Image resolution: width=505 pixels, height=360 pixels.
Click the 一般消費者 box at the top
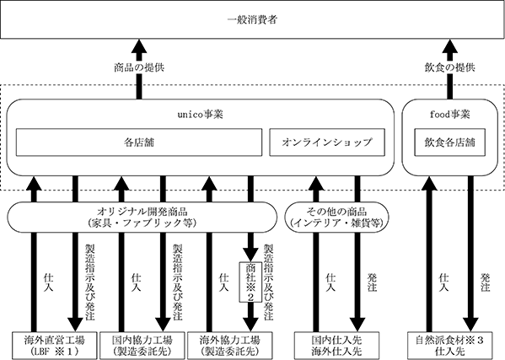tap(252, 19)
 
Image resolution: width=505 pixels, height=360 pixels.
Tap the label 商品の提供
tap(139, 67)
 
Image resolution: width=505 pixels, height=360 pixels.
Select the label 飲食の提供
tap(450, 67)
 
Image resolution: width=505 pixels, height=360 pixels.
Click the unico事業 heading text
tap(201, 115)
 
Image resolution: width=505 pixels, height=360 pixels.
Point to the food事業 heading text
tap(450, 115)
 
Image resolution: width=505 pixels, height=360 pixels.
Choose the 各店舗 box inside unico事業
tap(139, 142)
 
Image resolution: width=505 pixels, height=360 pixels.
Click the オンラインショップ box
tap(327, 142)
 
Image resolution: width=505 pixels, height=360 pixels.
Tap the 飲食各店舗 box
tap(449, 142)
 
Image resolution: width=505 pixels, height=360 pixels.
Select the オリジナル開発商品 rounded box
tap(142, 218)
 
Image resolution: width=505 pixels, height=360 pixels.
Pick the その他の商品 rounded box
tap(337, 218)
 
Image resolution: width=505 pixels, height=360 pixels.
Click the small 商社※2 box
tap(250, 282)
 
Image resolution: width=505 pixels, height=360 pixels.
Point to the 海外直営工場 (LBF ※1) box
tap(55, 346)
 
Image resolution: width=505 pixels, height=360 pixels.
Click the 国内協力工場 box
tap(142, 346)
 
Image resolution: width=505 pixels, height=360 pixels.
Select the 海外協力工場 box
tap(229, 346)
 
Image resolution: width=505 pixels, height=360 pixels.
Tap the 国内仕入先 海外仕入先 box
tap(337, 346)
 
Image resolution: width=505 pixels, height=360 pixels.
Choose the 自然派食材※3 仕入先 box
tap(450, 346)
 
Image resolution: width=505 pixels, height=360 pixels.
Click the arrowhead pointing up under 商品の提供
tap(139, 46)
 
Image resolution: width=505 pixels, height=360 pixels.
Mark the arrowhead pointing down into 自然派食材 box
tap(471, 325)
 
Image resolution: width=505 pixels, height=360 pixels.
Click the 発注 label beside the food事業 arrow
tap(486, 282)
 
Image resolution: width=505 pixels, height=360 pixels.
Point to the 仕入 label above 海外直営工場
tap(49, 282)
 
